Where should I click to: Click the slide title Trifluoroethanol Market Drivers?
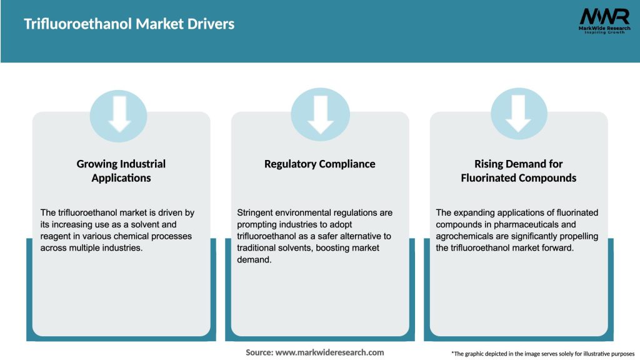[x=129, y=24]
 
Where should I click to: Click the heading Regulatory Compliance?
[x=320, y=164]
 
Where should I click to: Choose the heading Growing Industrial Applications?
[x=121, y=171]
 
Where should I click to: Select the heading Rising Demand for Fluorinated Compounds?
[x=519, y=171]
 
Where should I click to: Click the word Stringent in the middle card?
[x=256, y=213]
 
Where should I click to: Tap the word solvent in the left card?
[x=143, y=224]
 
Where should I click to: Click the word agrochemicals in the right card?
[x=467, y=236]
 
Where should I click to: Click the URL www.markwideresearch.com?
[x=330, y=352]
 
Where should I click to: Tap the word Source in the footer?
[x=259, y=352]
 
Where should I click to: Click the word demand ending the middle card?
[x=254, y=259]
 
